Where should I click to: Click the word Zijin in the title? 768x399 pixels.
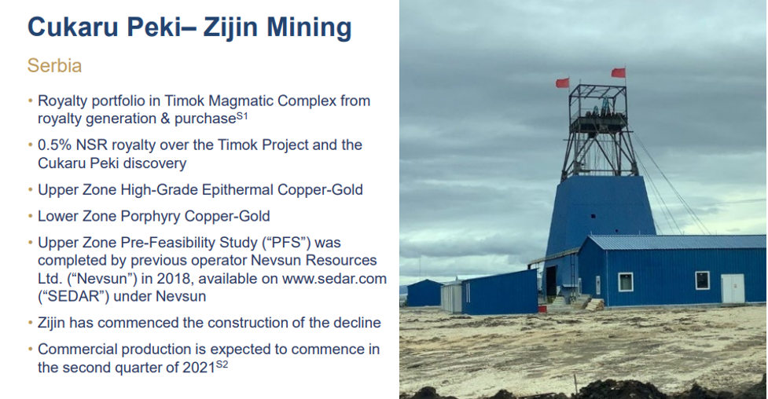coord(230,27)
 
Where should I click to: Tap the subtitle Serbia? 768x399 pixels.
coord(54,66)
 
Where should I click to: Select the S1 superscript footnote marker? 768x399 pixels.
coord(242,115)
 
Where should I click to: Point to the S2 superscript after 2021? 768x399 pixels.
coord(222,364)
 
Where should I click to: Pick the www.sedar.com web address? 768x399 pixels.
coord(335,279)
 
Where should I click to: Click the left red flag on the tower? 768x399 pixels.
coord(562,82)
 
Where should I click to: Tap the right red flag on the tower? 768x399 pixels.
coord(618,72)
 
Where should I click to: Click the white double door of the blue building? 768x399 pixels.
coord(733,288)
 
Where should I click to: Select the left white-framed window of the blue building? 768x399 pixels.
coord(626,282)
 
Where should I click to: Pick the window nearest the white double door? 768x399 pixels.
coord(703,280)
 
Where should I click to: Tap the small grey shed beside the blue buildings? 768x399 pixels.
coord(450,297)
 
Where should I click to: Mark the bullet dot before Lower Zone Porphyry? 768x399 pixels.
coord(31,217)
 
